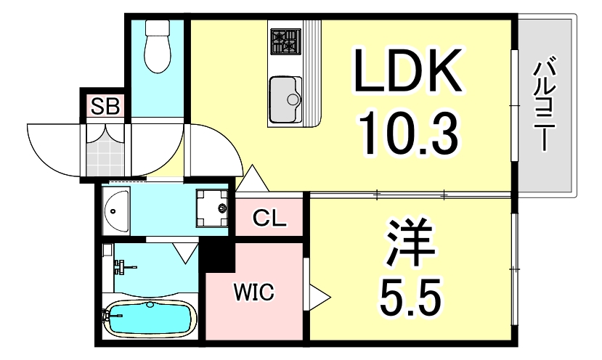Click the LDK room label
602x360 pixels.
407,70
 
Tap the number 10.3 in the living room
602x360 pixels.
407,132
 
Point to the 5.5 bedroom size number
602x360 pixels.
411,294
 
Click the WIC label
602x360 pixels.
253,293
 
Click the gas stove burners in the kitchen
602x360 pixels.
285,41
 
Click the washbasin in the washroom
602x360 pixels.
116,210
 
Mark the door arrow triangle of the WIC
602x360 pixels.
318,296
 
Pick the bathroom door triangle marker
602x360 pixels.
185,252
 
